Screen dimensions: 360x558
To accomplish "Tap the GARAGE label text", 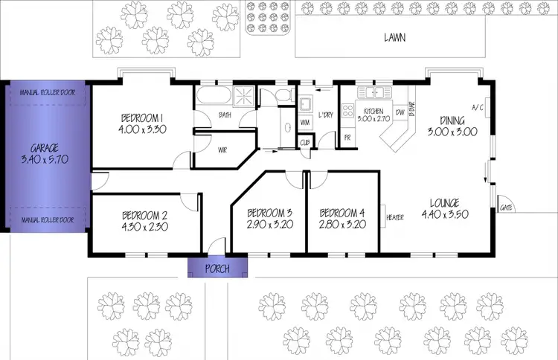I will point(45,147).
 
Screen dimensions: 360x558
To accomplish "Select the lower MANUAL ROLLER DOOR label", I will point(45,220).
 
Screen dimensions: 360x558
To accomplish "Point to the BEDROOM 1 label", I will point(142,118).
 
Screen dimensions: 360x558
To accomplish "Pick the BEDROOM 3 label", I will point(268,211).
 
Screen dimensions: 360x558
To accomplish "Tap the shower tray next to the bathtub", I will point(244,96).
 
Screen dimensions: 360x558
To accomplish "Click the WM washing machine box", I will point(305,121).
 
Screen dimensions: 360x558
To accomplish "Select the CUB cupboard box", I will point(305,142).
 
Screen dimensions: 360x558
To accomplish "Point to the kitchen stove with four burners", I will point(347,111).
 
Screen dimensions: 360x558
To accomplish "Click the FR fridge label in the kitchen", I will point(347,137).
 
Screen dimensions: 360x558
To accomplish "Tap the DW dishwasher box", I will point(400,113).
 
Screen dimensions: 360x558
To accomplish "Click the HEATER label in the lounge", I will point(394,217).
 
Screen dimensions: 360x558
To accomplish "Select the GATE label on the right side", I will point(506,208).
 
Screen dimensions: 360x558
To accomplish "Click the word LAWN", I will point(394,37).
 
